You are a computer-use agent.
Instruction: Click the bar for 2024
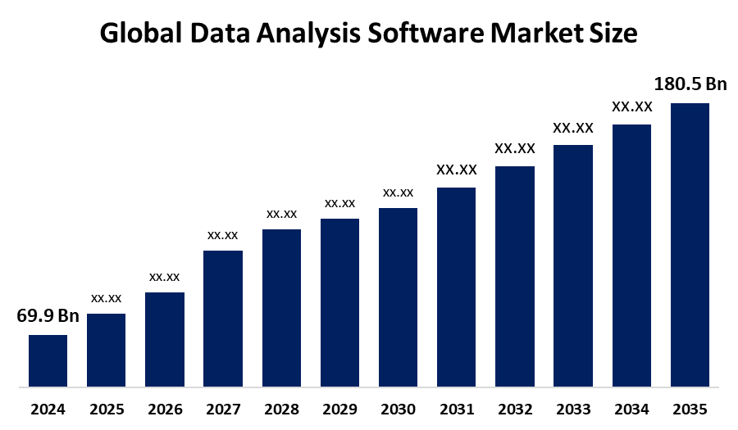pyautogui.click(x=48, y=360)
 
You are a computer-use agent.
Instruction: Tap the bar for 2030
pyautogui.click(x=398, y=296)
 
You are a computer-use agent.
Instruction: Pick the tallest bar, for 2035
pyautogui.click(x=690, y=244)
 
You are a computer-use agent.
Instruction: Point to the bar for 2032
pyautogui.click(x=515, y=276)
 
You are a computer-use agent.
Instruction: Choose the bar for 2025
pyautogui.click(x=106, y=350)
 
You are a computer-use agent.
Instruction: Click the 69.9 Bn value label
pyautogui.click(x=48, y=317)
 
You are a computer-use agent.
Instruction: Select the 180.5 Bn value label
pyautogui.click(x=690, y=84)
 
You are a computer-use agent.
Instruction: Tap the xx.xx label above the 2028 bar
pyautogui.click(x=281, y=214)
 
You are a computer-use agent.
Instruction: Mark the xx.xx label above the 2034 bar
pyautogui.click(x=631, y=106)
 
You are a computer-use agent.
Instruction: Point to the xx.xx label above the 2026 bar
pyautogui.click(x=164, y=277)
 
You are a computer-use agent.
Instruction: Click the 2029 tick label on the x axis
pyautogui.click(x=339, y=409)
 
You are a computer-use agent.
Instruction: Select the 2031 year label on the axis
pyautogui.click(x=456, y=409)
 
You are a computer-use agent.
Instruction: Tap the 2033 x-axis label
pyautogui.click(x=572, y=409)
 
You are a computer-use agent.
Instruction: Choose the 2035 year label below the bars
pyautogui.click(x=690, y=409)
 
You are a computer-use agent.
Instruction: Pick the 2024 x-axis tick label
pyautogui.click(x=48, y=409)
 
